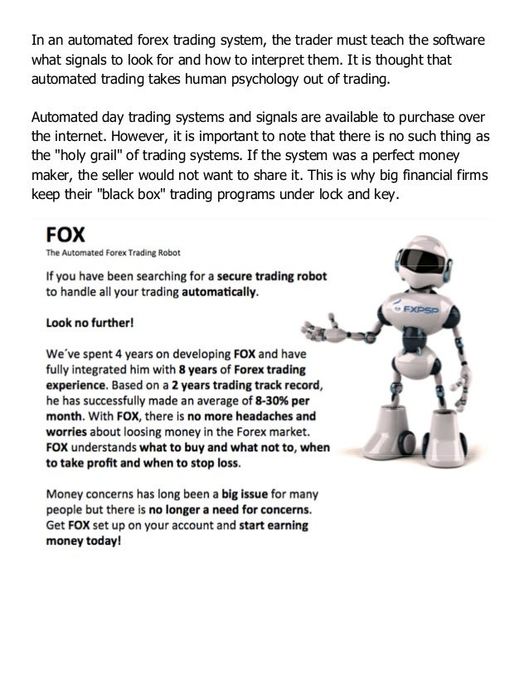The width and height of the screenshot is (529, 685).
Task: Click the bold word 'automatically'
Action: (x=225, y=291)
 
